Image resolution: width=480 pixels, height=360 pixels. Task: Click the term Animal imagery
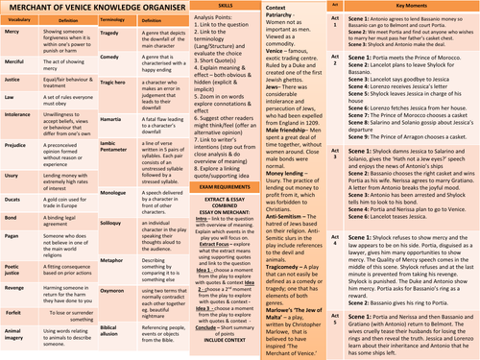click(17, 342)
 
